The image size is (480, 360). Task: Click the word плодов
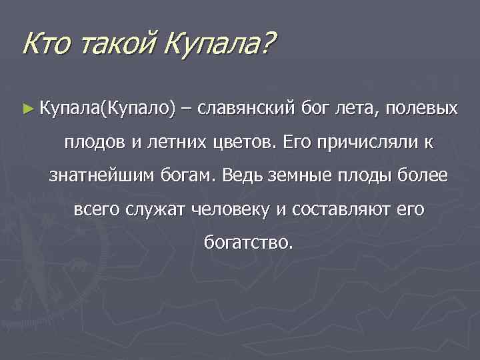89,142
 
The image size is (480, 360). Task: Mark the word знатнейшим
102,177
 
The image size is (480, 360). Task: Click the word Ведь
245,177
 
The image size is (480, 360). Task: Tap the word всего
97,211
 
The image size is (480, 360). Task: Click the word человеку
233,211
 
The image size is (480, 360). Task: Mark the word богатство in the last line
246,245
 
